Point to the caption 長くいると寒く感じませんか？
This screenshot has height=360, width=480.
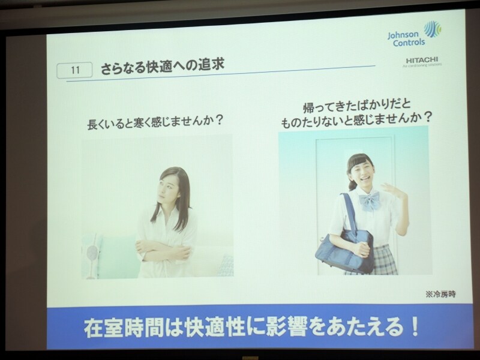coord(155,121)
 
